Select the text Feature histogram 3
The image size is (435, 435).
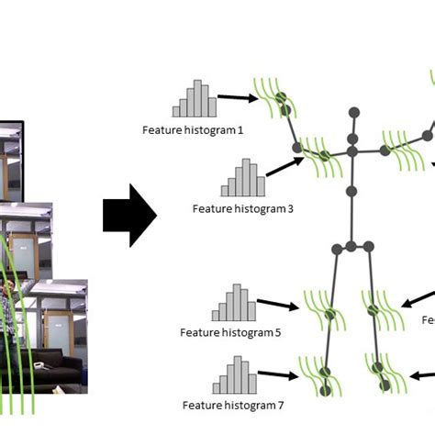(x=243, y=208)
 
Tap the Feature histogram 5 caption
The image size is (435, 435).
(x=230, y=332)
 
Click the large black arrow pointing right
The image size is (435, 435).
(x=129, y=216)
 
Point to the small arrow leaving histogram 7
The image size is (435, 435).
(x=278, y=375)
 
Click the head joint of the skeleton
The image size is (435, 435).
(x=351, y=113)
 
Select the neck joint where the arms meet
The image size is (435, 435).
(x=351, y=150)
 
